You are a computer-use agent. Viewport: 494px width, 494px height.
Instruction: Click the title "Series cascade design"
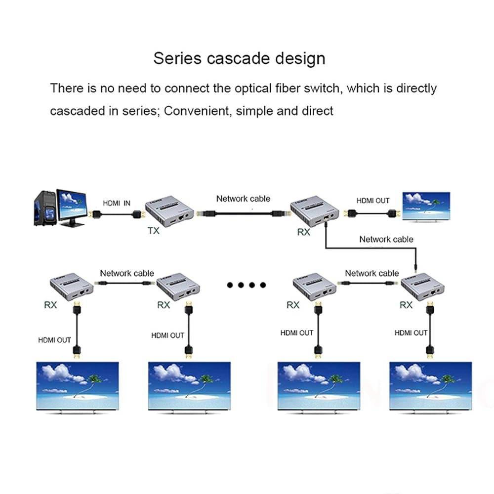click(240, 59)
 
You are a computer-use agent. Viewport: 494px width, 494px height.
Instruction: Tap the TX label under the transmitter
click(154, 231)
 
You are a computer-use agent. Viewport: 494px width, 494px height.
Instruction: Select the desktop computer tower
click(45, 208)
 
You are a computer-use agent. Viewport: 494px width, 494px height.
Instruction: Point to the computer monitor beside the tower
click(72, 207)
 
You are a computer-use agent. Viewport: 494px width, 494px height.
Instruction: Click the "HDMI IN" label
click(117, 203)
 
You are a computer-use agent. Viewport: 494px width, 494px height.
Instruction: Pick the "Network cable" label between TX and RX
click(243, 199)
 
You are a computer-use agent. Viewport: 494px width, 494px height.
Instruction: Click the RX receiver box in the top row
click(315, 211)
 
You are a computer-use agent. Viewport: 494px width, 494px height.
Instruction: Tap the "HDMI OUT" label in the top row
click(373, 201)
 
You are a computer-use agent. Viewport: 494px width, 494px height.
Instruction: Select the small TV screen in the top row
click(426, 206)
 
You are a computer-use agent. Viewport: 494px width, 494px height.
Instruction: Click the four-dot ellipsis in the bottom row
click(247, 285)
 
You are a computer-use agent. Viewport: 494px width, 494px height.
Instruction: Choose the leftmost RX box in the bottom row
click(72, 287)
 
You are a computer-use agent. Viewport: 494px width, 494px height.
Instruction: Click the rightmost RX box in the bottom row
click(422, 287)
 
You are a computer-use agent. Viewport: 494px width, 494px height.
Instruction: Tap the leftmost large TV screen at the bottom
click(78, 387)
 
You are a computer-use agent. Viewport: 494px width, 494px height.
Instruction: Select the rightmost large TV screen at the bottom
click(431, 387)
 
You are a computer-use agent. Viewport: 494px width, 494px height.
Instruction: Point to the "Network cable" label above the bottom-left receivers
click(127, 273)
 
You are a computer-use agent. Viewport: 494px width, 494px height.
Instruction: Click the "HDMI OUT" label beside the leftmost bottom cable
click(54, 340)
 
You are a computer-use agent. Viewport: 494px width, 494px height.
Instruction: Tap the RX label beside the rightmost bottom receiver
click(406, 305)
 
